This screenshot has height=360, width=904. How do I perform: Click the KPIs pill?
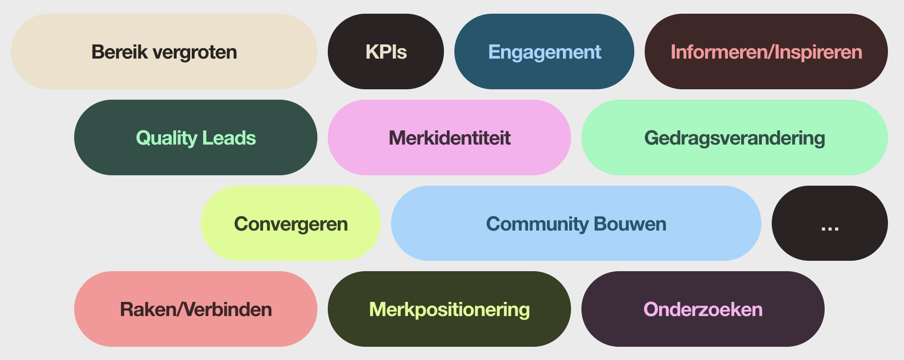click(x=385, y=51)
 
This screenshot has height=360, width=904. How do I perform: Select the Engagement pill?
click(x=544, y=51)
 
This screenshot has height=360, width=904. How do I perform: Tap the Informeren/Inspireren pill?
click(x=766, y=51)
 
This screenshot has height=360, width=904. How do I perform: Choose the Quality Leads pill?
click(x=196, y=137)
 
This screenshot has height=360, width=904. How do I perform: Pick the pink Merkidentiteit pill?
click(x=449, y=137)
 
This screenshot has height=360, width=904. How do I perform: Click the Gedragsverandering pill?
click(x=734, y=137)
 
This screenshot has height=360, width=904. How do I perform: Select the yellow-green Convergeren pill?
click(x=290, y=223)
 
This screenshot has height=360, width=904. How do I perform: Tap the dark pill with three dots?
click(x=829, y=223)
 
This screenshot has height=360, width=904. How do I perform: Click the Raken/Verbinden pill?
click(x=196, y=309)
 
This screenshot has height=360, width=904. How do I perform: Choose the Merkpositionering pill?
click(x=449, y=309)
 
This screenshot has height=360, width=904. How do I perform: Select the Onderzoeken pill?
click(x=703, y=309)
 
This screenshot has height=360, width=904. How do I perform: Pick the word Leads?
click(x=229, y=138)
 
